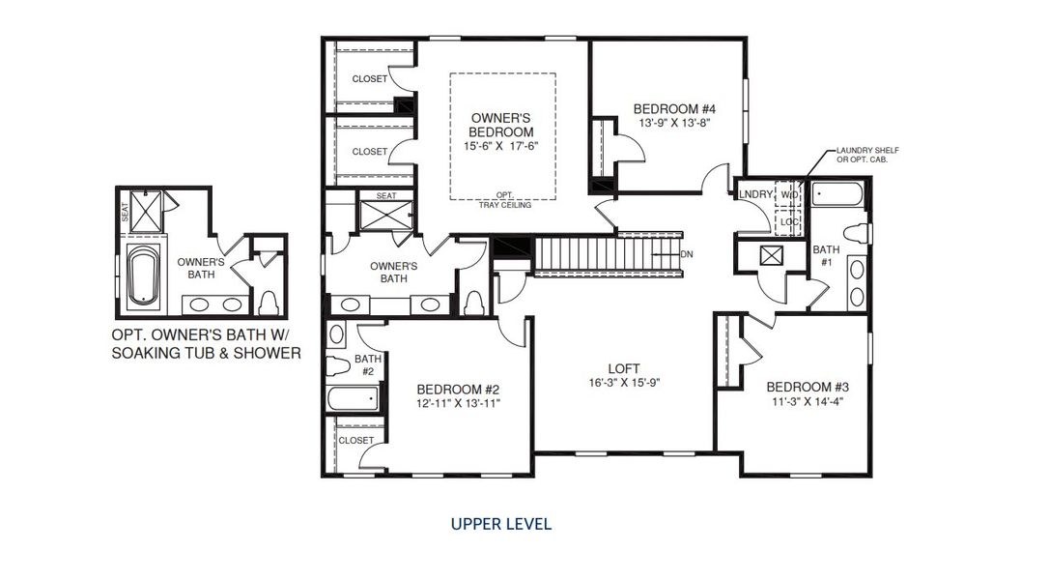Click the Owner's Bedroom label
(x=501, y=126)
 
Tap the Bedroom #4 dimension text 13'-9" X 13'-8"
(x=673, y=123)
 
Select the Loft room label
(x=624, y=368)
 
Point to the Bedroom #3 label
(x=808, y=387)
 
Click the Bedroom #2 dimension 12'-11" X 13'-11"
(x=458, y=403)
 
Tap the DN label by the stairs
(x=687, y=254)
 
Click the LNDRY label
(x=756, y=194)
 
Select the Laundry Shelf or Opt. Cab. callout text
(x=867, y=155)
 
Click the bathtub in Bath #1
(x=836, y=195)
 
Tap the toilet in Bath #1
(x=857, y=234)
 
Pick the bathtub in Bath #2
(x=354, y=398)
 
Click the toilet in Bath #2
(x=338, y=366)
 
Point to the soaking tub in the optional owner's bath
(x=143, y=275)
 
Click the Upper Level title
(x=501, y=524)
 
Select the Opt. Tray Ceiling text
(x=505, y=200)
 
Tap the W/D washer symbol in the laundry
(x=788, y=194)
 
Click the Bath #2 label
(x=368, y=365)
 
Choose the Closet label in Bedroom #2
(x=355, y=441)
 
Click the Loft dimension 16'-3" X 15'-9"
(x=624, y=383)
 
